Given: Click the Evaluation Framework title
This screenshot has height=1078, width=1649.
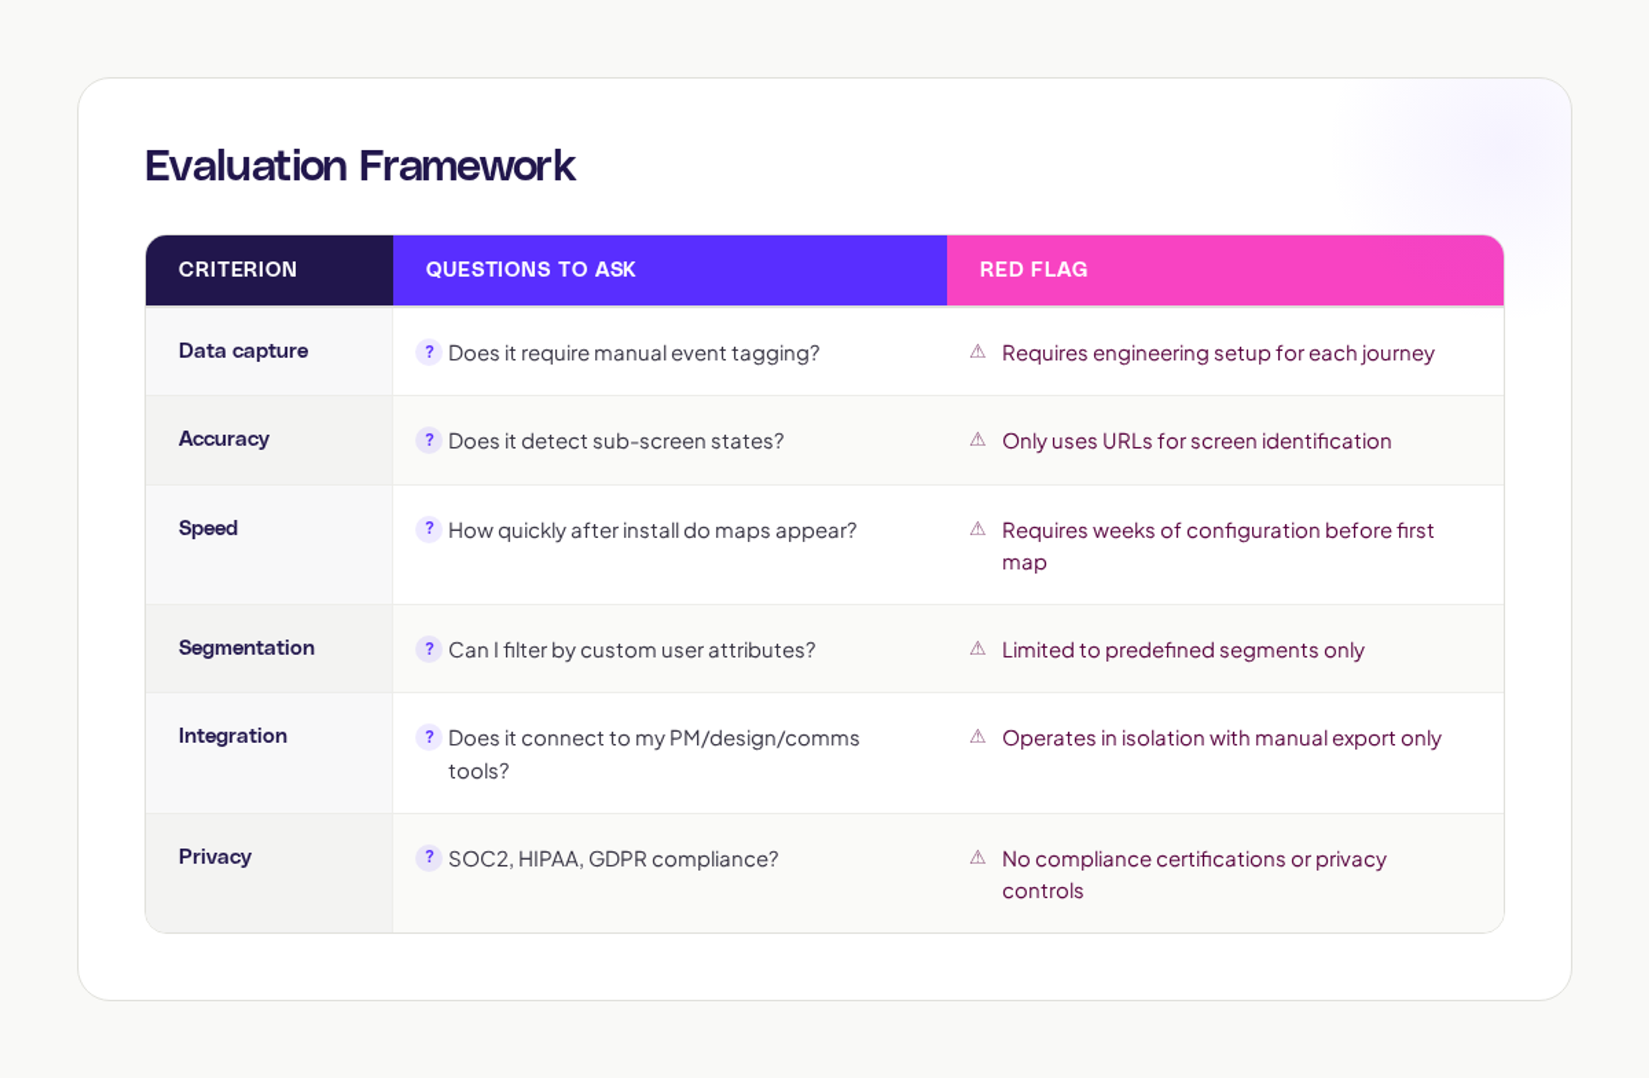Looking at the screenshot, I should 359,166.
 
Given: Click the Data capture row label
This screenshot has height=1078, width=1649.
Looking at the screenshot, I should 243,351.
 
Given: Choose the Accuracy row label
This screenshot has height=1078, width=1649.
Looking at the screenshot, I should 224,439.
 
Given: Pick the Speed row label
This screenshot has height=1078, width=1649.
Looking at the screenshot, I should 208,528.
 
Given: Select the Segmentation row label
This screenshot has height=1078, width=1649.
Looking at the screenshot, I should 246,647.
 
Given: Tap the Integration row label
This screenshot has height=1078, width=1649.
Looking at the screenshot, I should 232,736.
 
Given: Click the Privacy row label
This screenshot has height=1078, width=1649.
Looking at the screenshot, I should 215,856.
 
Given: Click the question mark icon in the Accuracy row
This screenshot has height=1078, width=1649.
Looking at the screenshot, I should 429,440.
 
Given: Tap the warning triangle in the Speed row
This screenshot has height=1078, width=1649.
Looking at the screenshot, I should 978,529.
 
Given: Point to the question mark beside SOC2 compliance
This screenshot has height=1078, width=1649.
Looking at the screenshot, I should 429,858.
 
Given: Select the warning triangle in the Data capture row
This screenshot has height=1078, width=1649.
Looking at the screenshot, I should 978,351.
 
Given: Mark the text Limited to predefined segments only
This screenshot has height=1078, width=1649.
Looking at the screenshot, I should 1183,650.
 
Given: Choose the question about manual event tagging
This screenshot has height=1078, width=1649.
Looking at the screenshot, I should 633,354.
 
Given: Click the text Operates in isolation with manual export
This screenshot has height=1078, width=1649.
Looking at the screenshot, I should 1221,738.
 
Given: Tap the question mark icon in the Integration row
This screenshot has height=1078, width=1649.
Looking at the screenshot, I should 429,737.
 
